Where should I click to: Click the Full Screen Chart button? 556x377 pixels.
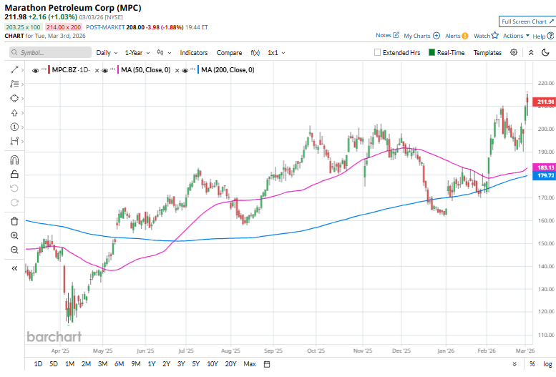click(526, 22)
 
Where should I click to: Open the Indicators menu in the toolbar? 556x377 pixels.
click(193, 52)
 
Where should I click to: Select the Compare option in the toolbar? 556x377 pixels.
click(229, 52)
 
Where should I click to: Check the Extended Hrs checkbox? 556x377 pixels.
click(378, 52)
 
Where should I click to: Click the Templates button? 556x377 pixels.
click(487, 52)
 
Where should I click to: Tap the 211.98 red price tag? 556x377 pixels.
click(545, 102)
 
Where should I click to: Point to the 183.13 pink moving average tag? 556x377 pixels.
click(545, 167)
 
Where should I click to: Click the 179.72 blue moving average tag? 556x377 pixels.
click(545, 175)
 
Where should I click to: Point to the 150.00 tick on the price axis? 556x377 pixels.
click(545, 243)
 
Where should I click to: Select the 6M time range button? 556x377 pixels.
click(119, 364)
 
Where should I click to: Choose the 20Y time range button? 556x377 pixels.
click(230, 364)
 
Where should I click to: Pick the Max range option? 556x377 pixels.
click(250, 364)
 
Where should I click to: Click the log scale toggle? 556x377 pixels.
click(547, 364)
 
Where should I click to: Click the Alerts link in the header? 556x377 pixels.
click(455, 35)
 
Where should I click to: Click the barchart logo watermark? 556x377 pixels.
click(54, 336)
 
